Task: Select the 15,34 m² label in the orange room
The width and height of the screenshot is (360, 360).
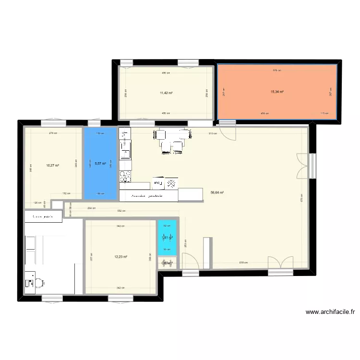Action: pos(277,92)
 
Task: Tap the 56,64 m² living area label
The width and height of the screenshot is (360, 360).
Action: pos(217,193)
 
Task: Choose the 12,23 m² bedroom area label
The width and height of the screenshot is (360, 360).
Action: pos(120,257)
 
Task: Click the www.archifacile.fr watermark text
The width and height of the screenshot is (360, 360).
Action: pos(330,312)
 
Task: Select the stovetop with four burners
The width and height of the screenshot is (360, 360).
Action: pos(125,176)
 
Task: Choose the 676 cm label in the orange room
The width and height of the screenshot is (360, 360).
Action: pos(276,71)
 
